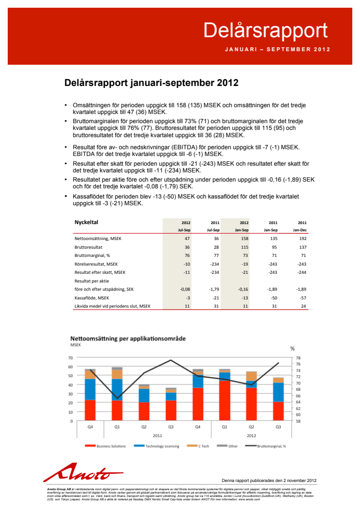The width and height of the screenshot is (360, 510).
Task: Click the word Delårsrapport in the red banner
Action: point(265,30)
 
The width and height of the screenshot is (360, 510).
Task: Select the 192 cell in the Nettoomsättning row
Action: point(303,239)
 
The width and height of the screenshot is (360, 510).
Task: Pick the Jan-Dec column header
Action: point(300,230)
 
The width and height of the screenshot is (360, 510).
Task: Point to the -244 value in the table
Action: point(302,272)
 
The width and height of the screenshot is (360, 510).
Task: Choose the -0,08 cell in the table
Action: point(184,289)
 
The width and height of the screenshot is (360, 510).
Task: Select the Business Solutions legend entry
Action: point(109,446)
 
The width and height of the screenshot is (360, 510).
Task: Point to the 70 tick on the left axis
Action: point(70,357)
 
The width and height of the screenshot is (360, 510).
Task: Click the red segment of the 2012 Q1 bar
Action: point(224,401)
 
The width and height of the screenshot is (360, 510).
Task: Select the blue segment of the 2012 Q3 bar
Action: point(278,392)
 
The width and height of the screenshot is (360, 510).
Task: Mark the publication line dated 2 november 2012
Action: point(269,481)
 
